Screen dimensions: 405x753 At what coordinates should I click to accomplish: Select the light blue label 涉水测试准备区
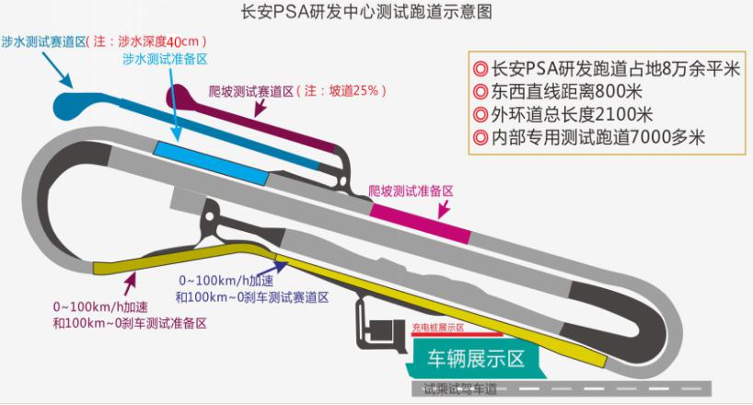[x=165, y=58]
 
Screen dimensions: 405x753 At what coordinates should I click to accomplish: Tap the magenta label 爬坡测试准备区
[x=411, y=191]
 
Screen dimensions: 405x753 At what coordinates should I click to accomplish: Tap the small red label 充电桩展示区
[x=437, y=327]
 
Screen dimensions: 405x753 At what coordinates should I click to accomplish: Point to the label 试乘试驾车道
[x=459, y=389]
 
